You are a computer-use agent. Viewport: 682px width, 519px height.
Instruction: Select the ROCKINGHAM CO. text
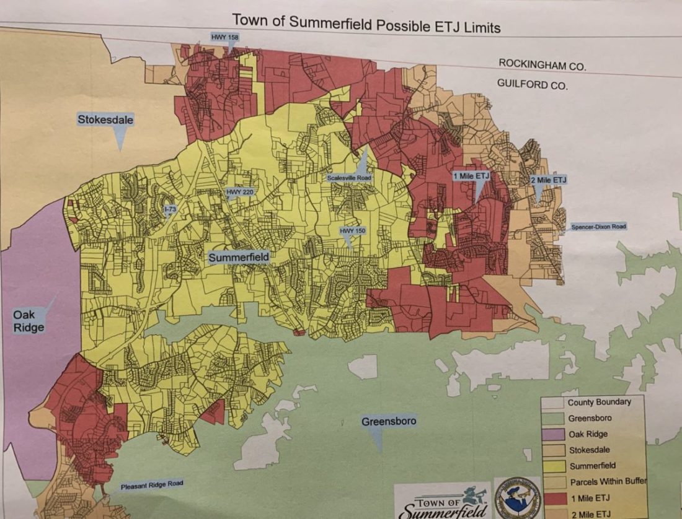542,64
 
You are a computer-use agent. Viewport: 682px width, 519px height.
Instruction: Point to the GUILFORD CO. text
532,85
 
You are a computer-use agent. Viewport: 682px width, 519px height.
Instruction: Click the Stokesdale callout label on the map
105,119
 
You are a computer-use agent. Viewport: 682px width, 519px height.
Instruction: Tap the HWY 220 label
240,192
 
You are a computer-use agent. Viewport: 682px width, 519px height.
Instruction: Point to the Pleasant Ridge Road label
152,484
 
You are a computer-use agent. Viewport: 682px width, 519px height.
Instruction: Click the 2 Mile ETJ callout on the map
548,180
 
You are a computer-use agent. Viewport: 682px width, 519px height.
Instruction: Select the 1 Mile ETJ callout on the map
471,176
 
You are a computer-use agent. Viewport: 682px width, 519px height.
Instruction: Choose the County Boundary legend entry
599,402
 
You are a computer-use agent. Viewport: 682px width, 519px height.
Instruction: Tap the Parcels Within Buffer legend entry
607,481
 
